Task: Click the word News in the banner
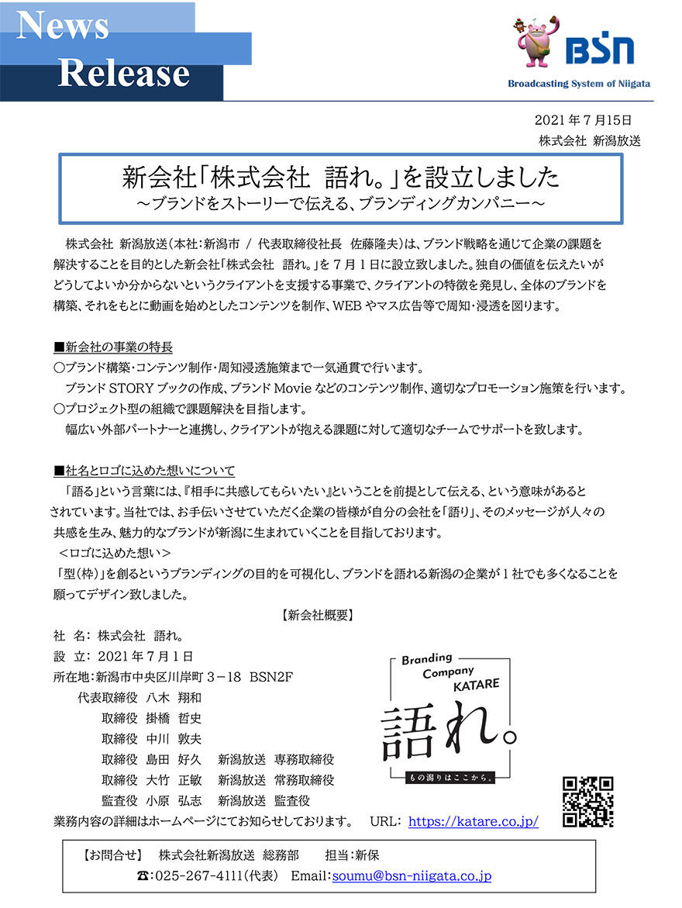click(x=63, y=26)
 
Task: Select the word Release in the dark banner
click(x=124, y=73)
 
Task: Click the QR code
click(x=587, y=802)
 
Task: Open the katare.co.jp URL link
click(x=473, y=821)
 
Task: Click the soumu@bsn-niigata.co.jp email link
click(x=412, y=876)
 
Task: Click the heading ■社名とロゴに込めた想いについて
click(x=144, y=471)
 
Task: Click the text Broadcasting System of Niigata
click(x=579, y=84)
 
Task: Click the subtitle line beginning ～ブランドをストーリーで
click(x=341, y=203)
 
